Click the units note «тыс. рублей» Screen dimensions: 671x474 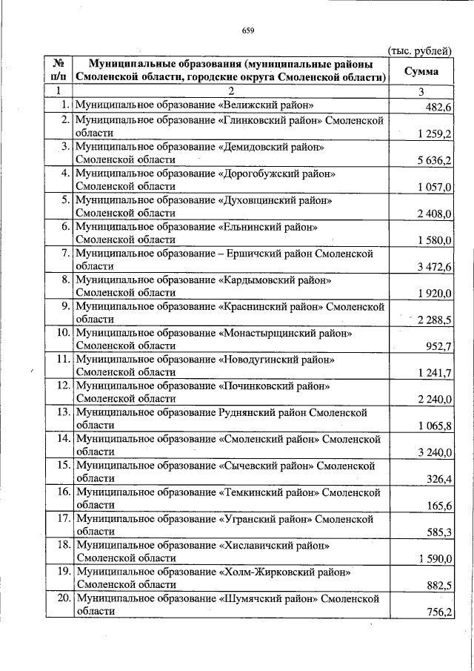[x=420, y=50]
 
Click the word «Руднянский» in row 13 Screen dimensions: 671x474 [x=251, y=412]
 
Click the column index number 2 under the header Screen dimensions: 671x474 [x=231, y=91]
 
